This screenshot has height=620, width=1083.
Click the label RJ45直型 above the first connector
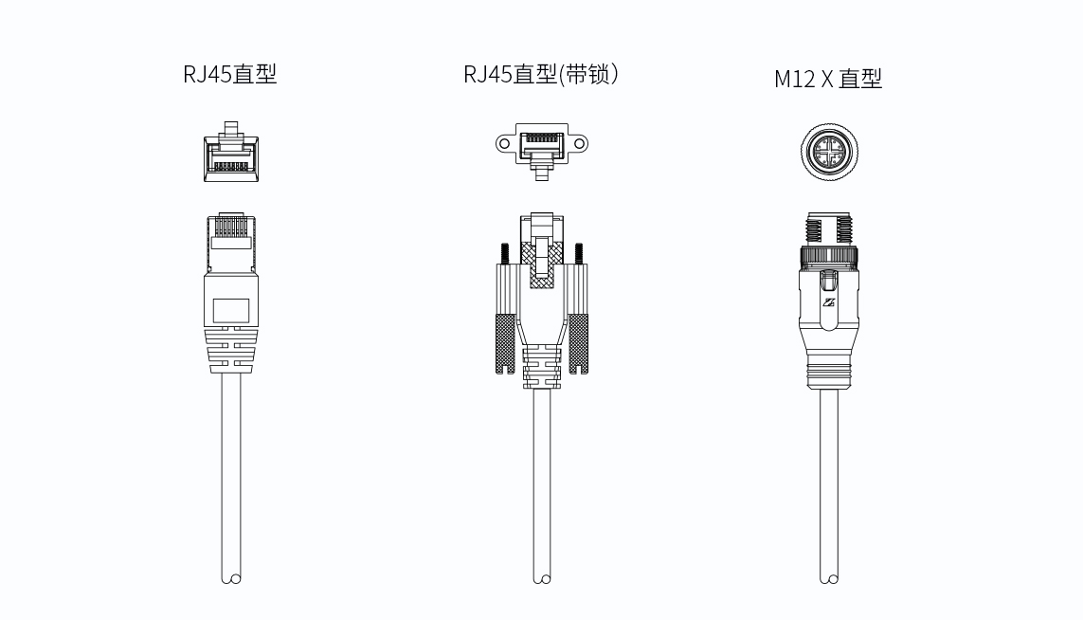pos(230,74)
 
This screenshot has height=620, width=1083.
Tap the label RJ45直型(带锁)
pos(541,74)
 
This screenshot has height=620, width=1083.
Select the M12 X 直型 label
pos(828,79)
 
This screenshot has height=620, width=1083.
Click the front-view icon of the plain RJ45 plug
pos(231,152)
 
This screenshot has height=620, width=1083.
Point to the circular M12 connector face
pos(829,152)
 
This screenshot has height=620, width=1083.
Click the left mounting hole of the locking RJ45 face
pos(504,144)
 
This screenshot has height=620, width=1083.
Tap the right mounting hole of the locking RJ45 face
pos(580,144)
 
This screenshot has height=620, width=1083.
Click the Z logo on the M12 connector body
pos(829,302)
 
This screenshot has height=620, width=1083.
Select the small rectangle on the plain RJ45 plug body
pos(230,311)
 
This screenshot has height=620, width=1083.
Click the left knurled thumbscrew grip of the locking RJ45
pos(506,344)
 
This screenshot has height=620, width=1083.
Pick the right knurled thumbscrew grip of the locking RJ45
pos(578,344)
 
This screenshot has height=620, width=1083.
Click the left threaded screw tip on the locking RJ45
pos(505,254)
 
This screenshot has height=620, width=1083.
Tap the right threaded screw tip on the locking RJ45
pos(579,254)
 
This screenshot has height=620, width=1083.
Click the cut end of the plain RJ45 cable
pos(231,578)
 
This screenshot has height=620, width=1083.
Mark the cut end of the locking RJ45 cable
pos(542,578)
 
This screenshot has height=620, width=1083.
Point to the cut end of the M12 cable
pos(829,578)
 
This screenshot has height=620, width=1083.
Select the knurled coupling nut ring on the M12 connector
pos(829,255)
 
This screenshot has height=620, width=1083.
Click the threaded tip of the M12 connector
pos(829,229)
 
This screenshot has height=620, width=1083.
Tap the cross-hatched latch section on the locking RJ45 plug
pos(542,264)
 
